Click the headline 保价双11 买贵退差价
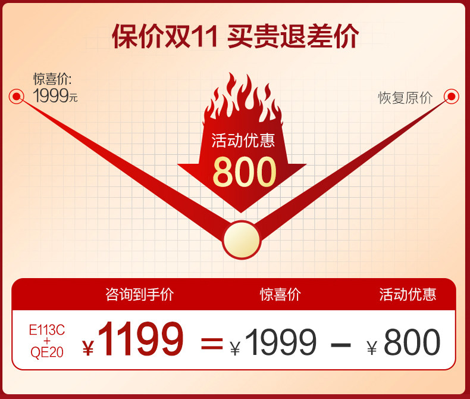point(236,36)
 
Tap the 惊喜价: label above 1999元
point(52,79)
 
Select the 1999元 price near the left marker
point(55,96)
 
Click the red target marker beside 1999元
point(17,96)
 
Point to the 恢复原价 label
point(405,98)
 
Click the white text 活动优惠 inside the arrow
point(243,141)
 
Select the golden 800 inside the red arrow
point(245,172)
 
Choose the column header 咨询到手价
point(140,294)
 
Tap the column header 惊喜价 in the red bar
point(280,294)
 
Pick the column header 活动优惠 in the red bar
point(408,294)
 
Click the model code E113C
point(47,331)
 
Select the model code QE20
point(47,352)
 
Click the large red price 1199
point(140,339)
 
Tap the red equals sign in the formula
point(212,344)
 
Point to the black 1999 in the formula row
point(281,342)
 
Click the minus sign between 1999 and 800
point(341,345)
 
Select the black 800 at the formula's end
point(412,342)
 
